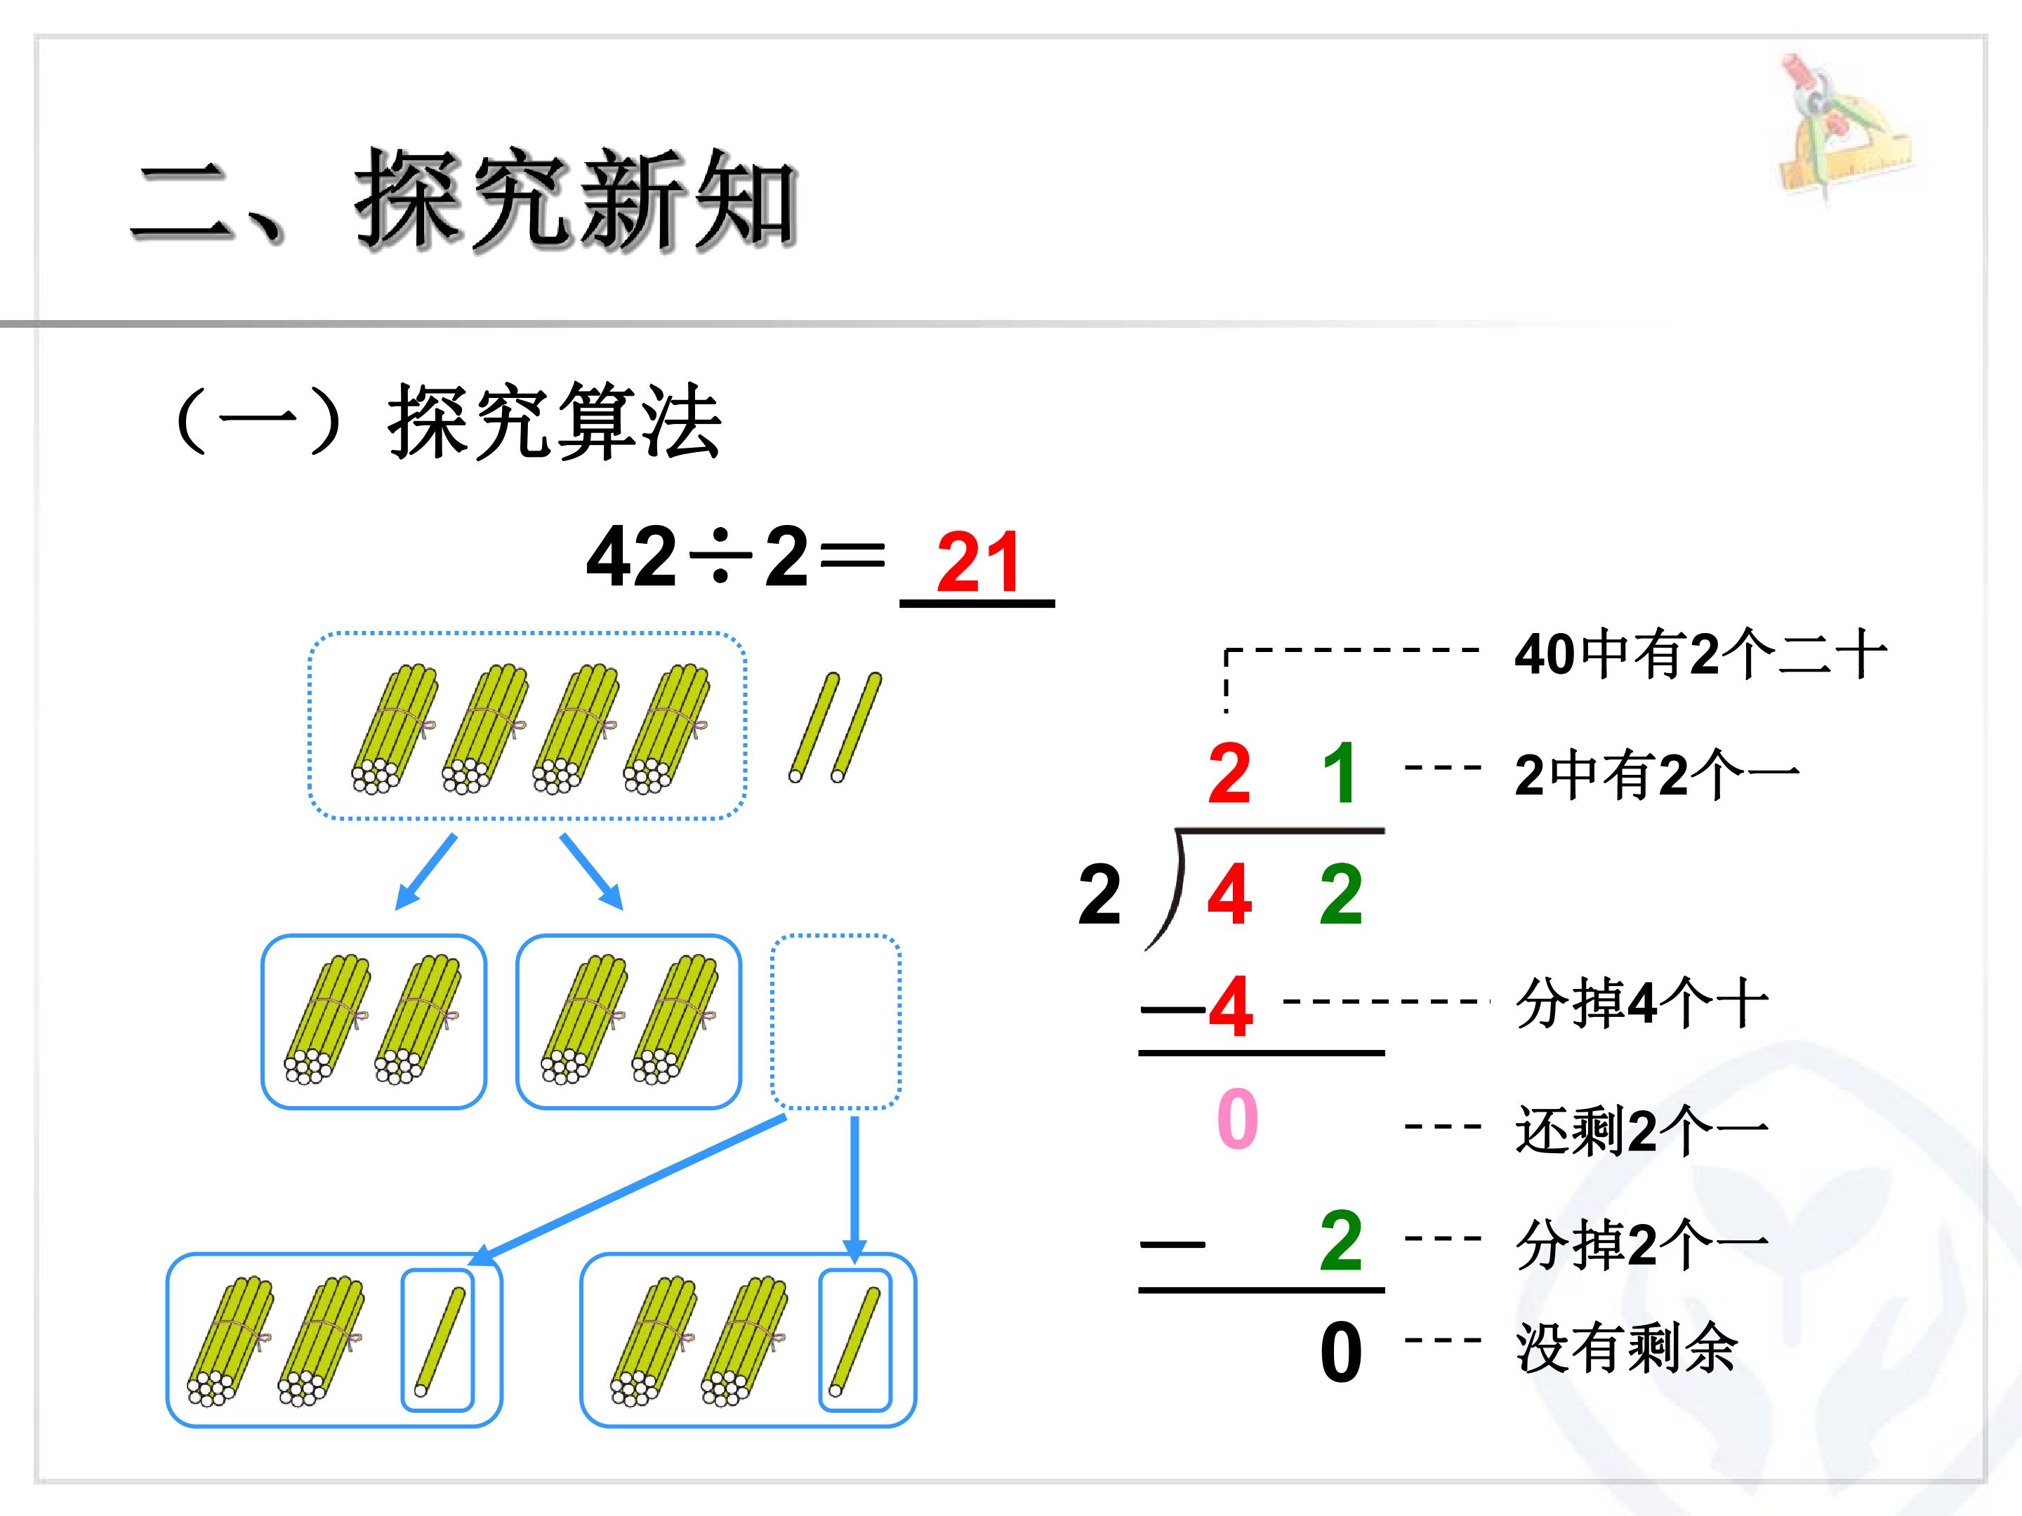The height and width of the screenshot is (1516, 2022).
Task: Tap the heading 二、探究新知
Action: [x=464, y=199]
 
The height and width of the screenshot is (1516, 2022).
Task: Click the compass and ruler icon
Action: [x=1844, y=128]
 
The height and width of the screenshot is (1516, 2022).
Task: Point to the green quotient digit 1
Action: [x=1340, y=773]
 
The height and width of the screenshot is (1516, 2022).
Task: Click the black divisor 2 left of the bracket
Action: [x=1099, y=895]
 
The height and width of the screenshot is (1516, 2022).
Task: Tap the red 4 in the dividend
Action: [x=1229, y=895]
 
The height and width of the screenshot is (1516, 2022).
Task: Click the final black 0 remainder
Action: [x=1341, y=1352]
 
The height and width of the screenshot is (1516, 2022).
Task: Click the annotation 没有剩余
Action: [x=1626, y=1348]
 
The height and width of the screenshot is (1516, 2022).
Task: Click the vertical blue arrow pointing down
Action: [x=854, y=1190]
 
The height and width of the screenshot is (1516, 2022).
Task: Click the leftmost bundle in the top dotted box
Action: [x=394, y=729]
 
